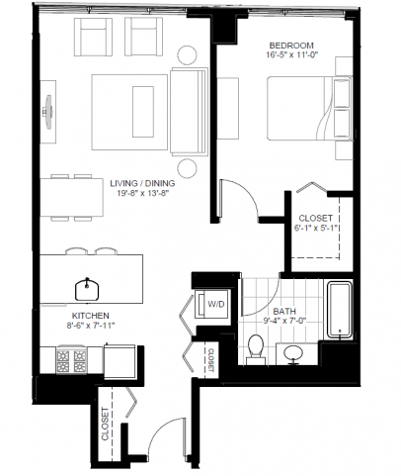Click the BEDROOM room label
(291, 46)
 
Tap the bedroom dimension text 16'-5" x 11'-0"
(291, 57)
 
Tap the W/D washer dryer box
(215, 305)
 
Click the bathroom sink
(294, 352)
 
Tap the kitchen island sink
(89, 288)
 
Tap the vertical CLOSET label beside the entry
(106, 424)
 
